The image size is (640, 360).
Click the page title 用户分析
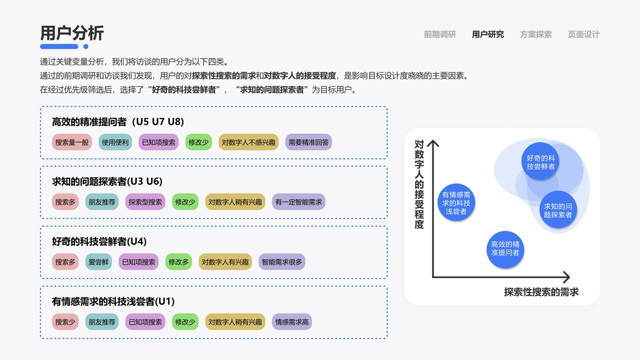pyautogui.click(x=72, y=34)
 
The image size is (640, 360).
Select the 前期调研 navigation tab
pyautogui.click(x=440, y=34)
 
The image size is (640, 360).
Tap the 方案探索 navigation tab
pyautogui.click(x=536, y=34)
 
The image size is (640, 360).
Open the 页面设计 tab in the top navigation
pyautogui.click(x=584, y=34)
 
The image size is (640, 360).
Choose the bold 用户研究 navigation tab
pyautogui.click(x=488, y=34)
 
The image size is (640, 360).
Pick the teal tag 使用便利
pyautogui.click(x=115, y=142)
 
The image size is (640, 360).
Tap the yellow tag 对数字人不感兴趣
pyautogui.click(x=248, y=142)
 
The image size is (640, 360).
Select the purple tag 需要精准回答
pyautogui.click(x=308, y=142)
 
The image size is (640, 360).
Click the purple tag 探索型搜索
pyautogui.click(x=145, y=202)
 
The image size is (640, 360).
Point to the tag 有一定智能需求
pyautogui.click(x=299, y=202)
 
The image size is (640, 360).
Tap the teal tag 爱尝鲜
pyautogui.click(x=98, y=262)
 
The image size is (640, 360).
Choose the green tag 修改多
pyautogui.click(x=179, y=262)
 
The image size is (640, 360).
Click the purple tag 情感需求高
pyautogui.click(x=292, y=322)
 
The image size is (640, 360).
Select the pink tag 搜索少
pyautogui.click(x=65, y=322)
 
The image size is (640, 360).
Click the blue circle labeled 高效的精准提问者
pyautogui.click(x=505, y=249)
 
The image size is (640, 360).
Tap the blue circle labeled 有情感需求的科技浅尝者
pyautogui.click(x=457, y=203)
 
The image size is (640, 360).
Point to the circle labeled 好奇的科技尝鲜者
pyautogui.click(x=540, y=161)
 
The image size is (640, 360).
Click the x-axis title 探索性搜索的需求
pyautogui.click(x=542, y=292)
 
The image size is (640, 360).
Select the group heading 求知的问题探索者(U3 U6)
pyautogui.click(x=107, y=181)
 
